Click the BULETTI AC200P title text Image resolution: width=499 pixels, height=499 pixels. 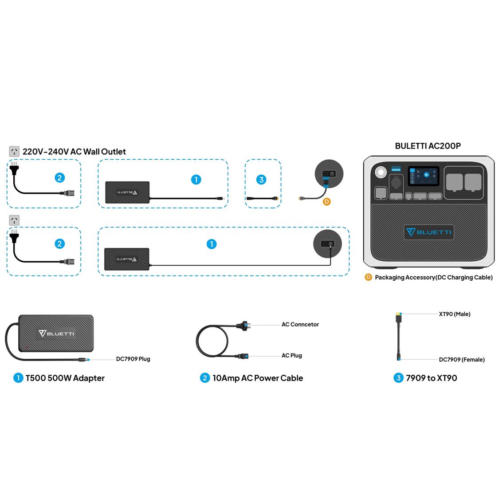click(428, 146)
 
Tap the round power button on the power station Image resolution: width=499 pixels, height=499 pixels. click(380, 172)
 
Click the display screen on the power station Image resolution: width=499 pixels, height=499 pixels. click(423, 176)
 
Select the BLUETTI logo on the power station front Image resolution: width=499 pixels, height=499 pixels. click(428, 232)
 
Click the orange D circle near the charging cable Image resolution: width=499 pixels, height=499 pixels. click(327, 201)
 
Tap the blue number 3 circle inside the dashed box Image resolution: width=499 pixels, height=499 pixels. click(261, 180)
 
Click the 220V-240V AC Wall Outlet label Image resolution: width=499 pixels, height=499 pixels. click(74, 152)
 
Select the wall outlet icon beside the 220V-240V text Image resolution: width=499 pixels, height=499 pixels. click(14, 152)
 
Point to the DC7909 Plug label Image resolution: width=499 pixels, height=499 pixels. click(133, 359)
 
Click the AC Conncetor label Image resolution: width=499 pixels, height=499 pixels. click(300, 325)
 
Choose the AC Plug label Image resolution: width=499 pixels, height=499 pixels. click(291, 356)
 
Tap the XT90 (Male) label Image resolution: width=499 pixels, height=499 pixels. click(454, 314)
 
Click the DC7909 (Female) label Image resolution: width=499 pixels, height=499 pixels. click(461, 360)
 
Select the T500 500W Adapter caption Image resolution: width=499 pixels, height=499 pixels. click(65, 378)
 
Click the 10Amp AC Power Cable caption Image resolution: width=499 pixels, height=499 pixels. click(257, 378)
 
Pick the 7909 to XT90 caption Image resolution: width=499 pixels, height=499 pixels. click(431, 378)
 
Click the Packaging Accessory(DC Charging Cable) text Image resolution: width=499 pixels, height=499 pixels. click(433, 278)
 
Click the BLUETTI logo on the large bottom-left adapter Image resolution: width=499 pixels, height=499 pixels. click(57, 334)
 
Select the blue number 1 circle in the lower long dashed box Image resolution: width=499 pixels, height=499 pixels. click(212, 244)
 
